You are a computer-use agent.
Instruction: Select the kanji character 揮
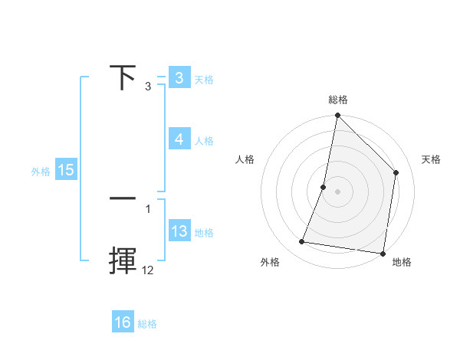point(123,261)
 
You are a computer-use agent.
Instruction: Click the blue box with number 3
point(179,78)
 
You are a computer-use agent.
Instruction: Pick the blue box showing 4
point(179,139)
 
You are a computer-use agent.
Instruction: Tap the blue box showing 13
point(179,231)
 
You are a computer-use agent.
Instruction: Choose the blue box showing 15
point(66,170)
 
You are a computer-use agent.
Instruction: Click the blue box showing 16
point(123,322)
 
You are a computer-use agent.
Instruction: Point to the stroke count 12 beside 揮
point(148,270)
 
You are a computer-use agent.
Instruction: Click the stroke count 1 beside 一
point(148,208)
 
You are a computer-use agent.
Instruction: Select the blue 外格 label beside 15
point(41,172)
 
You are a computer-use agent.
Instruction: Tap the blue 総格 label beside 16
point(147,324)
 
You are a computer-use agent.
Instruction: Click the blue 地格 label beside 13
point(204,233)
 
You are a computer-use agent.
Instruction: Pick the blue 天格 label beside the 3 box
point(204,80)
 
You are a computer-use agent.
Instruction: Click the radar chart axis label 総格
point(337,100)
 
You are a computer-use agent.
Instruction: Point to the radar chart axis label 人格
point(245,159)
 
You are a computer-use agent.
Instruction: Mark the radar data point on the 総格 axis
point(337,116)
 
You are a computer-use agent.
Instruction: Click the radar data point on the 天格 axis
point(396,172)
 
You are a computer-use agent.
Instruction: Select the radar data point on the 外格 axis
point(302,242)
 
